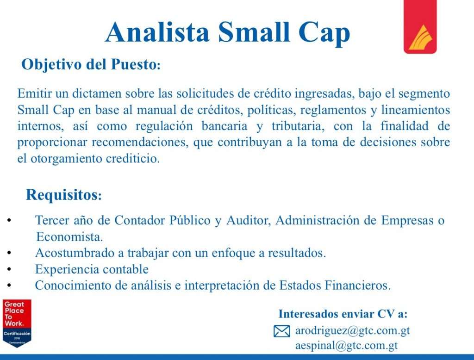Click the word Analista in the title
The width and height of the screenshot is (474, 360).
[x=157, y=32]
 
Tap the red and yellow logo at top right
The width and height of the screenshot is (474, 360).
[x=420, y=26]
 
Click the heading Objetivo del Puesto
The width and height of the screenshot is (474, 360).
[x=91, y=64]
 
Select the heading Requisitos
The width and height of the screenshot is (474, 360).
[x=64, y=194]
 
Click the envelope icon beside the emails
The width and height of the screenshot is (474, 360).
[x=282, y=331]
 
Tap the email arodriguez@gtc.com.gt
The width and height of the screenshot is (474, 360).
[x=352, y=331]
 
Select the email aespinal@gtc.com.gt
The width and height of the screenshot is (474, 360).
[x=346, y=345]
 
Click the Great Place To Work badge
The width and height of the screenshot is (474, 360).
[x=17, y=323]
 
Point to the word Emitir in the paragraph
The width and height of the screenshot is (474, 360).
[x=34, y=93]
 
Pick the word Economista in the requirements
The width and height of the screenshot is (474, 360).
[x=69, y=236]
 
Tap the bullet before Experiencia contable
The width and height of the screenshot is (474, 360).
[x=9, y=269]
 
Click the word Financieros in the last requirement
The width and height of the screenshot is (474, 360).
[x=358, y=285]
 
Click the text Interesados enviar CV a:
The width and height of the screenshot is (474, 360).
[x=343, y=314]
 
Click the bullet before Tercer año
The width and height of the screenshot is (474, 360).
[x=9, y=220]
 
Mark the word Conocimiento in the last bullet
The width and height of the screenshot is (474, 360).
[x=73, y=285]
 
